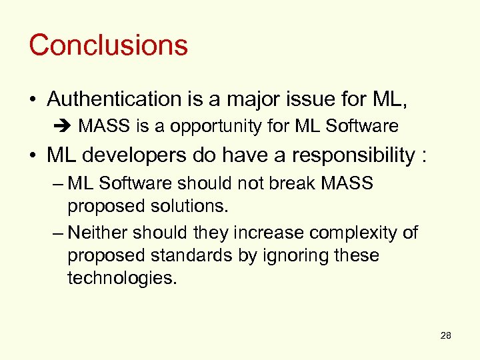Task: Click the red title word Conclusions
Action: pos(108,45)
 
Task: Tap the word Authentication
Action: pos(109,99)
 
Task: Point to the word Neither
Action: pos(98,233)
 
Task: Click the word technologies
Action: pos(123,279)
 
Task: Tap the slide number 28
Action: pos(446,335)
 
